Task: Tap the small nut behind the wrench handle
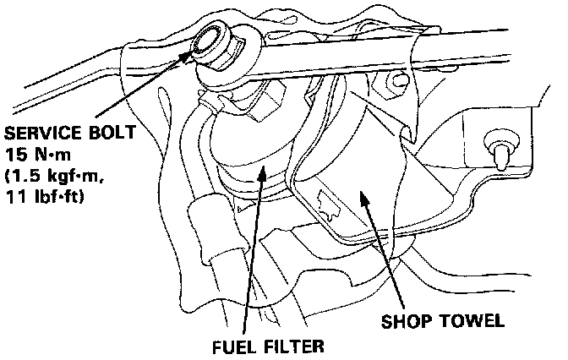click(x=383, y=82)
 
